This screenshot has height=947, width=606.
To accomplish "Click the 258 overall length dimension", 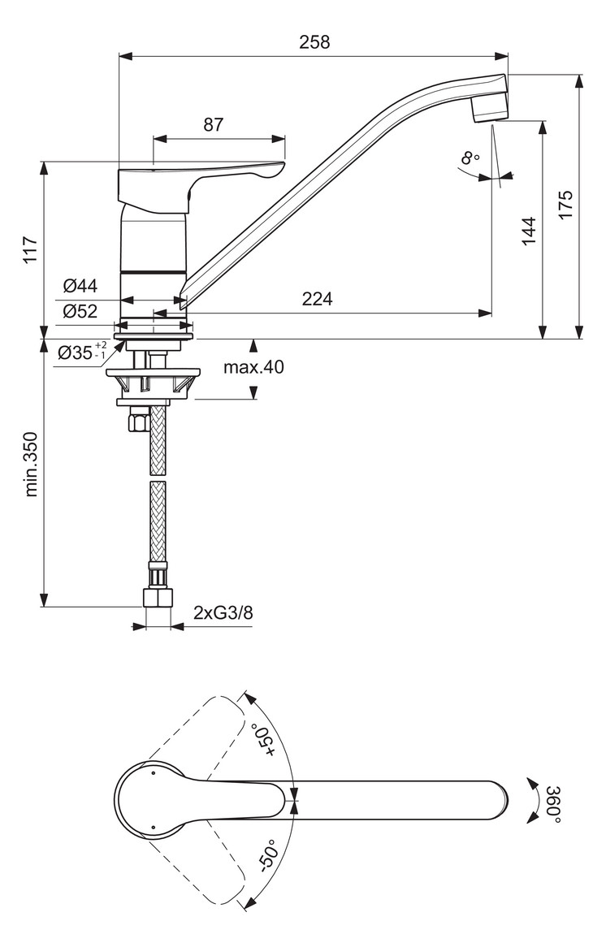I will click(314, 42).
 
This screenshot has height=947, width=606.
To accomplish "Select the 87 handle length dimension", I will click(213, 124).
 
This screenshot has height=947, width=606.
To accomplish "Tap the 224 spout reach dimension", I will click(317, 299).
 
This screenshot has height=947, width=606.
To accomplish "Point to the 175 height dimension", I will click(565, 205).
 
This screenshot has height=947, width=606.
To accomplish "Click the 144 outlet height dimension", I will click(528, 232).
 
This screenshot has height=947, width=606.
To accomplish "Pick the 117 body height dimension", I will click(30, 250).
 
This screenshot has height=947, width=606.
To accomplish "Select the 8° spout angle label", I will click(470, 158).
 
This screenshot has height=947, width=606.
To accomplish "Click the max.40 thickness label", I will click(254, 367).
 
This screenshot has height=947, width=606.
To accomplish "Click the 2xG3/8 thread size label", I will click(223, 612).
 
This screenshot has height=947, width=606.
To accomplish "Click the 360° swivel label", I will click(553, 804).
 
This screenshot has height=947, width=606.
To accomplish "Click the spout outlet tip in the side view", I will click(490, 111).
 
